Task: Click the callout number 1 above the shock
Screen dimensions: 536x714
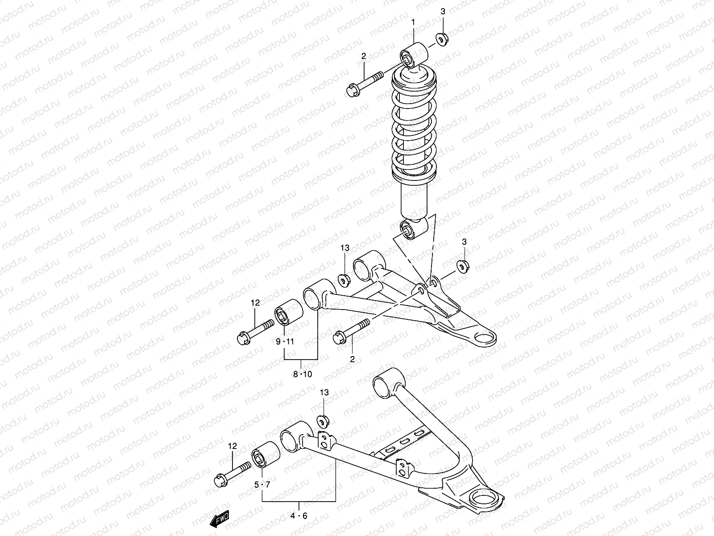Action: click(x=413, y=21)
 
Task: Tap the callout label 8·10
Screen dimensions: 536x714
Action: click(x=303, y=374)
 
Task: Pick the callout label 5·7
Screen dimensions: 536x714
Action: click(x=262, y=485)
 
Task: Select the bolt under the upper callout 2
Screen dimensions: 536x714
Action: click(x=364, y=84)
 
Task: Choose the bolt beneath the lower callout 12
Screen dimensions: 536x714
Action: click(x=232, y=473)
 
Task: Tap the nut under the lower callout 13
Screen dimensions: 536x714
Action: click(x=323, y=421)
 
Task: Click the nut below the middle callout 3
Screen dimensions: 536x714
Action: click(x=462, y=266)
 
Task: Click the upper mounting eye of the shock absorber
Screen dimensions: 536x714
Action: click(x=414, y=55)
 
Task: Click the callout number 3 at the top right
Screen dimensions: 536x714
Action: click(x=443, y=12)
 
